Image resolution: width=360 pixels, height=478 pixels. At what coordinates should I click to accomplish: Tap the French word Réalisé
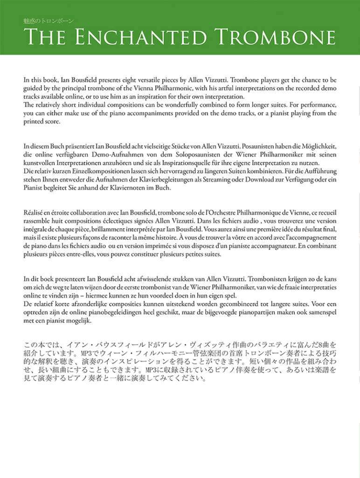(34, 212)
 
